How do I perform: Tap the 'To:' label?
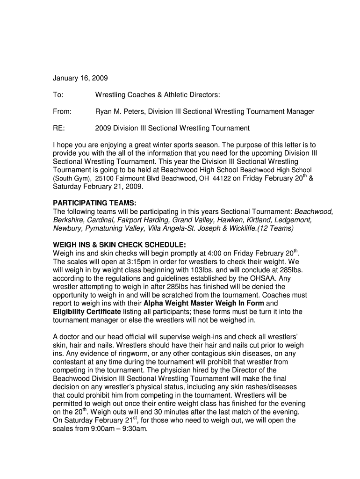point(58,95)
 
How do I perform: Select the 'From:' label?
point(62,111)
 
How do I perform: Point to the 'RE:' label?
point(59,128)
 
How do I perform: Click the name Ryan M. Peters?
point(120,111)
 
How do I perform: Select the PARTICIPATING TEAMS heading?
point(94,203)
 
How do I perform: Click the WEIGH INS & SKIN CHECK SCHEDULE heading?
point(120,245)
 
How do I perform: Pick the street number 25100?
point(104,178)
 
